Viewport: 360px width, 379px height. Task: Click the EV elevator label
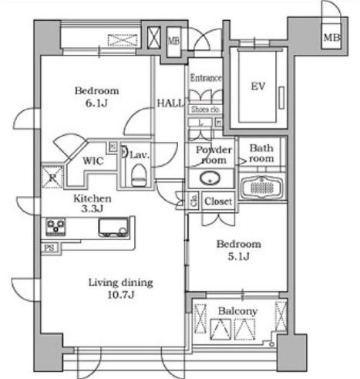(257, 86)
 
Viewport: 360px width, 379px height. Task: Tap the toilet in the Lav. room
(138, 175)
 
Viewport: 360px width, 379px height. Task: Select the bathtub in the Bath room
(261, 188)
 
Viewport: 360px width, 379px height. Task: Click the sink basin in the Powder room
(210, 178)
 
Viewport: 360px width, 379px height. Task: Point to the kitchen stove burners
(56, 227)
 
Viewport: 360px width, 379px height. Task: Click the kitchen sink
(113, 227)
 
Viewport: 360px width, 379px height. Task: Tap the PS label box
(49, 248)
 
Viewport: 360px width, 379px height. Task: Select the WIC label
(93, 161)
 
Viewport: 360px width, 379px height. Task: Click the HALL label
(170, 103)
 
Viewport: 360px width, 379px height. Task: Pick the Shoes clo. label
(206, 110)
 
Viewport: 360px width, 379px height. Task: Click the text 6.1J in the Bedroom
(96, 103)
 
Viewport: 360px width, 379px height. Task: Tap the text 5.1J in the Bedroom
(239, 256)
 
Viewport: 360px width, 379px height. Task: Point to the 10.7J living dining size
(121, 295)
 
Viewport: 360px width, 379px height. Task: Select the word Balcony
(237, 311)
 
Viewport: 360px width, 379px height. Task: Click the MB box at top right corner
(331, 37)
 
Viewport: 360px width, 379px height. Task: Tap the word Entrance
(206, 78)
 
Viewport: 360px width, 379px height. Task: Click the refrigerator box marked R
(52, 177)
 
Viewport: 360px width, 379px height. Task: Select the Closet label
(218, 201)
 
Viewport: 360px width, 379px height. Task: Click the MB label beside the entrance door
(174, 41)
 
